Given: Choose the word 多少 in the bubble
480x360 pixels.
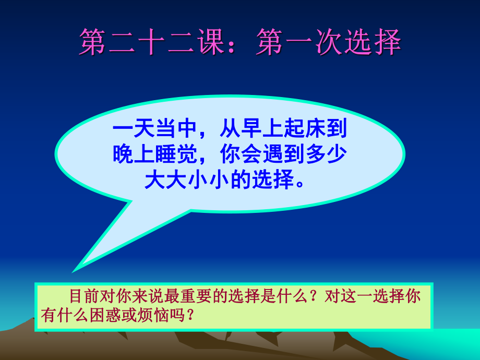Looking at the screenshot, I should click(332, 154).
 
